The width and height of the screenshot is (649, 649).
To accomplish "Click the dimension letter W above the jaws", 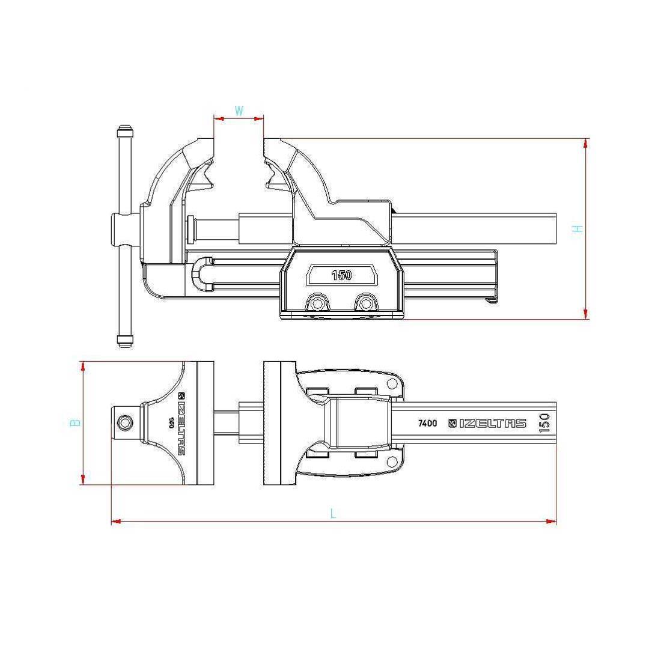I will (239, 111).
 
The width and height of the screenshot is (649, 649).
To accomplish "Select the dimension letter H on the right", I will (577, 228).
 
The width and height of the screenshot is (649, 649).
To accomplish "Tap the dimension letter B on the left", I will (75, 423).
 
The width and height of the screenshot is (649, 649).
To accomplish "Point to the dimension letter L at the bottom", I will (333, 513).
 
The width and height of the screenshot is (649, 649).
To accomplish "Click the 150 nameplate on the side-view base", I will (341, 275).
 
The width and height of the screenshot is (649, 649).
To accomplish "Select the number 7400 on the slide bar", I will (427, 423).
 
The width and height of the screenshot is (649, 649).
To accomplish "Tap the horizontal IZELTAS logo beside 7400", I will (487, 423).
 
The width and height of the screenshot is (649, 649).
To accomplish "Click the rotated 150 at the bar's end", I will (544, 423).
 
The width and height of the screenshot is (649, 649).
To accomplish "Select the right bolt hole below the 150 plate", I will (364, 302).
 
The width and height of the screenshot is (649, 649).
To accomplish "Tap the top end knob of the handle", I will (124, 132).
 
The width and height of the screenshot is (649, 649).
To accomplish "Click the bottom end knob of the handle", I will (124, 341).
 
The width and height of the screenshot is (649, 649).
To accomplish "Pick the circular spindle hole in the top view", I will (125, 423).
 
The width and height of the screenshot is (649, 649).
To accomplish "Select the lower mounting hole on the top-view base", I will (392, 462).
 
